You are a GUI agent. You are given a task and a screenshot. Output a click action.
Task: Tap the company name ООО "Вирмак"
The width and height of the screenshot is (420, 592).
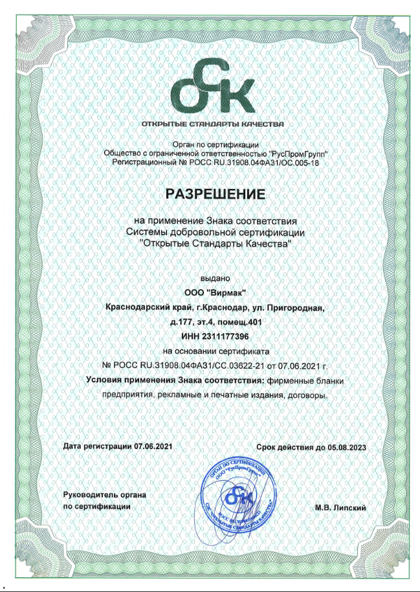click(215, 292)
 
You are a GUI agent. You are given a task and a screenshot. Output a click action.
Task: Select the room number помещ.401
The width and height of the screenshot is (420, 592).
click(241, 322)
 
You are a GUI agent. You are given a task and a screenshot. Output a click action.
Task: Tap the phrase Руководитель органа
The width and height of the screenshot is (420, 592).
click(104, 495)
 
